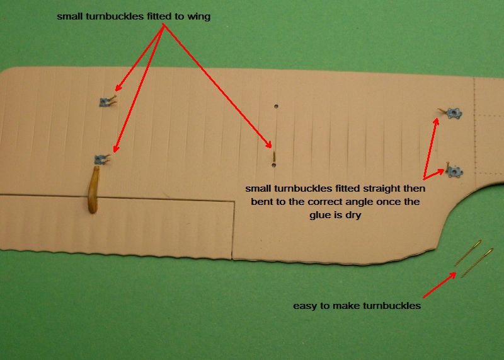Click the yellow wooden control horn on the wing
93,189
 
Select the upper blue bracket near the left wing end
105,102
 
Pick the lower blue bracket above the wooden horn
100,159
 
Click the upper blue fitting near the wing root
454,113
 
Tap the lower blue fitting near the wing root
455,171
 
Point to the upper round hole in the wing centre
276,106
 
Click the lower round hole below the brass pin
273,165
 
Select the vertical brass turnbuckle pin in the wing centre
274,157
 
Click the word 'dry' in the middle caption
353,215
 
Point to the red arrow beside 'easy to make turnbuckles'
439,285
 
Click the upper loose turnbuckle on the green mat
468,253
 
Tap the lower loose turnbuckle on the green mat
477,262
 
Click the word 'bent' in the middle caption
261,202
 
